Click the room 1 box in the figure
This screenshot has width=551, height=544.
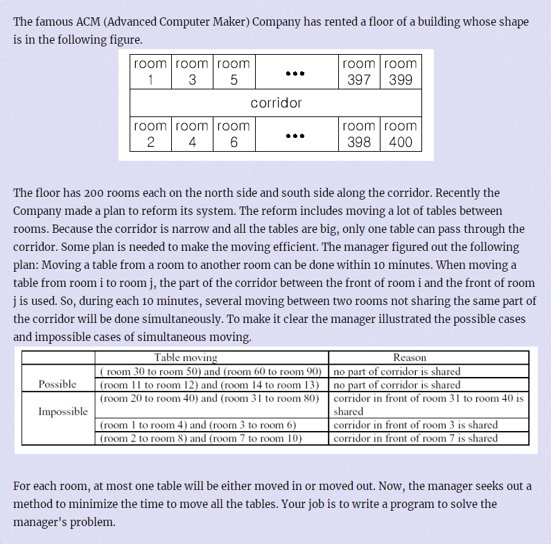click(150, 71)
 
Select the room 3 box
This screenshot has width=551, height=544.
click(192, 71)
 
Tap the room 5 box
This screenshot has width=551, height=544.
click(234, 71)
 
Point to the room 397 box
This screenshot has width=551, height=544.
click(358, 71)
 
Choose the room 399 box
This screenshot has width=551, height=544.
click(401, 71)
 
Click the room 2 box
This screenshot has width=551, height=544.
click(150, 134)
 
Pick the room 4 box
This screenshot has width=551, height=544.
click(192, 134)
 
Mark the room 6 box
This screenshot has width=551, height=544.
click(234, 134)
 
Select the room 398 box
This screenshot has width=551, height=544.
click(358, 134)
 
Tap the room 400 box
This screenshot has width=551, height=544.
click(401, 134)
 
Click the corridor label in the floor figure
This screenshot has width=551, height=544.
click(276, 103)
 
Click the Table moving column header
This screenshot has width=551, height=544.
click(185, 358)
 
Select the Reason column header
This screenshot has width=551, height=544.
click(410, 358)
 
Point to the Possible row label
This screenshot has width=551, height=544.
click(58, 385)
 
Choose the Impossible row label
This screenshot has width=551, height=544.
click(63, 411)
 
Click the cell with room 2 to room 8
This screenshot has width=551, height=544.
click(201, 438)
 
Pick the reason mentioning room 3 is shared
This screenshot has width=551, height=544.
click(415, 425)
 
